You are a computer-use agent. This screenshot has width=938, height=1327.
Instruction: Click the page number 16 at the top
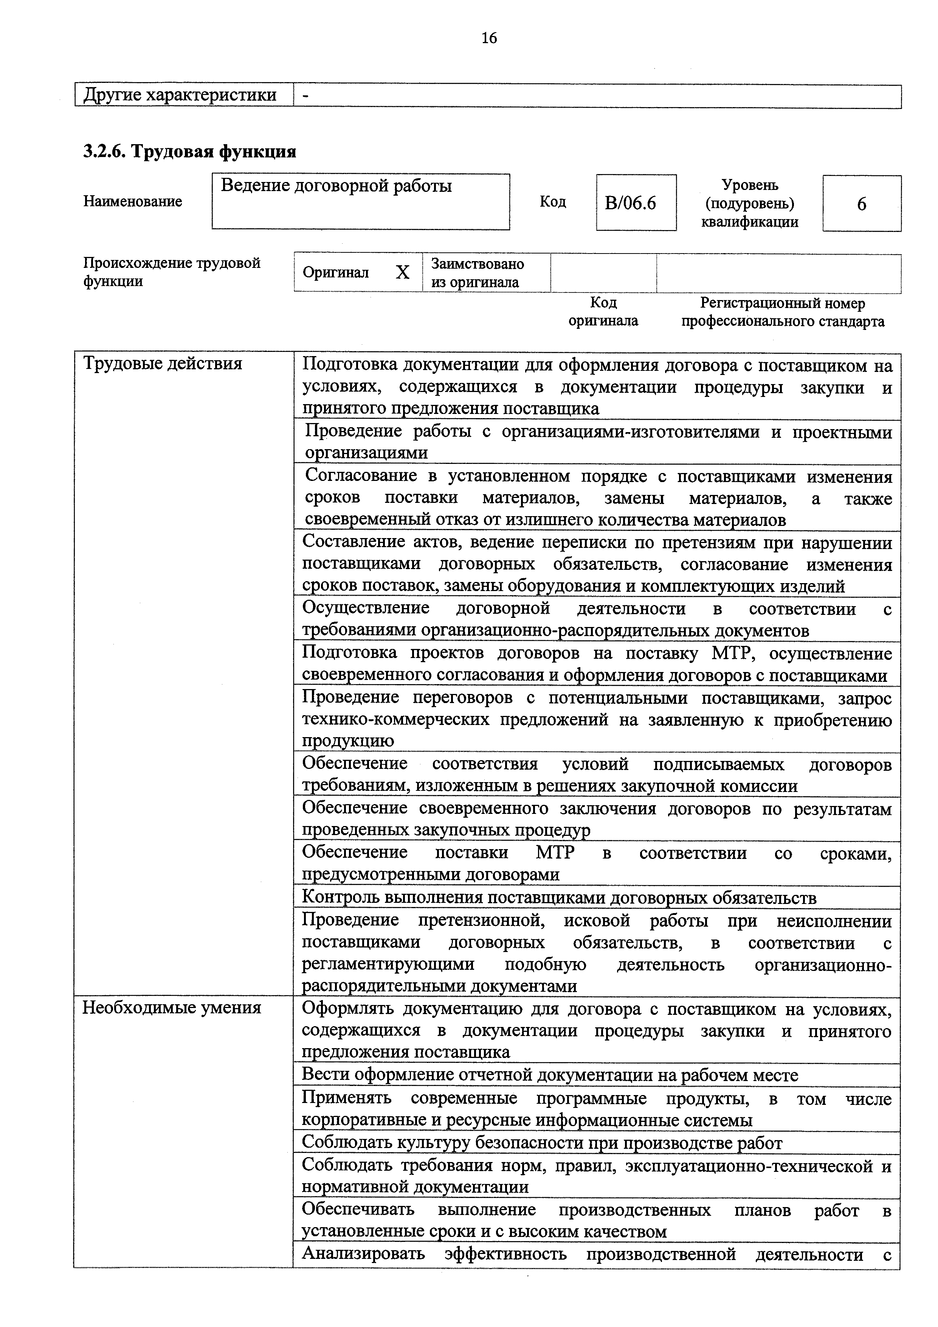pos(488,38)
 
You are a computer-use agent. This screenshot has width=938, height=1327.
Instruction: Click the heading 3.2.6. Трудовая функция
pos(189,151)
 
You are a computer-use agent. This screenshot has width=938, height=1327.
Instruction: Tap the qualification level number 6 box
pos(861,204)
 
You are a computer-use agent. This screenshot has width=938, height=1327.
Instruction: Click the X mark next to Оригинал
pos(403,272)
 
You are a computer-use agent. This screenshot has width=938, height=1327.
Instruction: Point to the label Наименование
pos(133,201)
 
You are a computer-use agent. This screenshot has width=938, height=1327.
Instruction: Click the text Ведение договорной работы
pos(336,186)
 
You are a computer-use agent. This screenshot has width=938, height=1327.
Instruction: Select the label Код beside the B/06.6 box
pos(553,201)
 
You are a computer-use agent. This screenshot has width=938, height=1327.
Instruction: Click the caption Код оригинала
pos(603,311)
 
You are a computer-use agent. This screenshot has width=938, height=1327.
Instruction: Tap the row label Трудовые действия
pos(163,364)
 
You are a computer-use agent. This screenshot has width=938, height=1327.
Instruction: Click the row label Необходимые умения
pos(172,1007)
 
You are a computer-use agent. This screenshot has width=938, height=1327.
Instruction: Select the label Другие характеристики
pos(180,95)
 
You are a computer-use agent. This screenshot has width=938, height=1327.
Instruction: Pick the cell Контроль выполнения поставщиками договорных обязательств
pos(559,897)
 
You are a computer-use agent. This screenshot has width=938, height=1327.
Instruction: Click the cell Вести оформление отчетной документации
pos(550,1075)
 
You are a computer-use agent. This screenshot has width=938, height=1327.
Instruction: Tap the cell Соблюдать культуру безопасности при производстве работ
pos(542,1143)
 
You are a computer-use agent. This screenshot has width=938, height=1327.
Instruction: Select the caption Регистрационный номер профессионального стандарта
pos(782,311)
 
